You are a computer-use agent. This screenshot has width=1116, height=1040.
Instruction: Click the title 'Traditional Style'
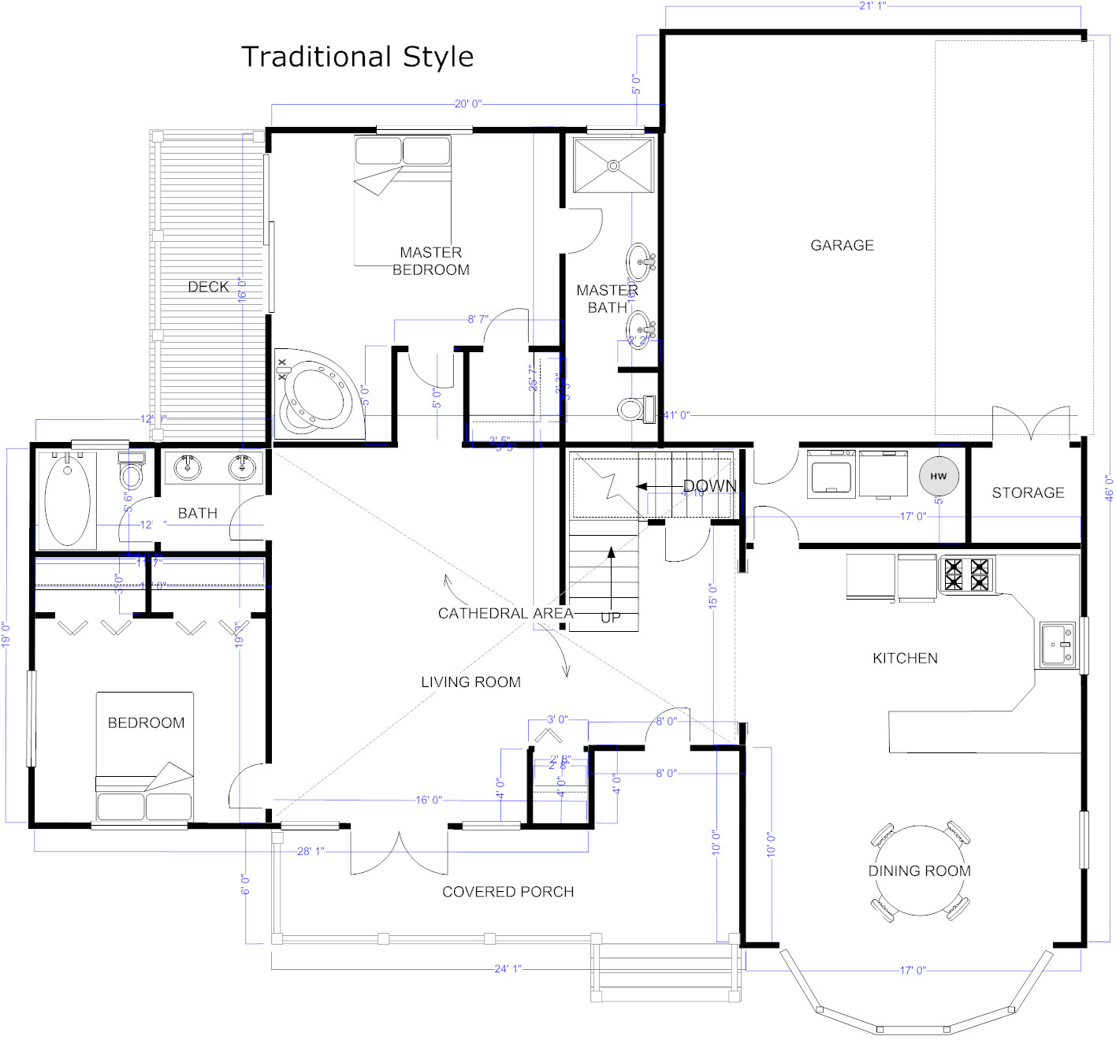(357, 57)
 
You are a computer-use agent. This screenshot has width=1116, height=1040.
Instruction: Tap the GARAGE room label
(842, 245)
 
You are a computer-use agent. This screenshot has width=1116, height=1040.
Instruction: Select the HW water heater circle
(938, 476)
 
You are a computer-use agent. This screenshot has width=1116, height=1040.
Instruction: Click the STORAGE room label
(1028, 492)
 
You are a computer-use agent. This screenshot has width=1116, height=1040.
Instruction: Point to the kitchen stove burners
(966, 574)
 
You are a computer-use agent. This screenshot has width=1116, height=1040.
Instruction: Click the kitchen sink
(1057, 644)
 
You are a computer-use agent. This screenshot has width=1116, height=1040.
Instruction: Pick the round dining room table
(920, 871)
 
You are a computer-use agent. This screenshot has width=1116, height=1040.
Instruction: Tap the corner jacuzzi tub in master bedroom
(318, 396)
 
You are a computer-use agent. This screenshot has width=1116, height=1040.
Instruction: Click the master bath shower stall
(613, 165)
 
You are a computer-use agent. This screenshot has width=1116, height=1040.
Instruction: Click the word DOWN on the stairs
(709, 486)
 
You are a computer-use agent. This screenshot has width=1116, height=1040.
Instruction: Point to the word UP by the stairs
(611, 618)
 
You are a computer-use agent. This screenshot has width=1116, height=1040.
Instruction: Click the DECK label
(208, 287)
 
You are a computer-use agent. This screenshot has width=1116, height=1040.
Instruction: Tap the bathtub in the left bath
(67, 500)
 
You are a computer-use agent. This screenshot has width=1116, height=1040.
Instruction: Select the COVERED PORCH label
(508, 892)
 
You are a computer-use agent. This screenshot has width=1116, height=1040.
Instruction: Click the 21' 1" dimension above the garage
(872, 6)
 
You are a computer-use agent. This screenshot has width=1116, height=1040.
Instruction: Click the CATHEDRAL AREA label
(505, 613)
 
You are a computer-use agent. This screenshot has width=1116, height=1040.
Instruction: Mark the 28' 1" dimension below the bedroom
(311, 851)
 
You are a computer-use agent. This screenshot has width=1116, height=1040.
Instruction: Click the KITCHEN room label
(905, 658)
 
